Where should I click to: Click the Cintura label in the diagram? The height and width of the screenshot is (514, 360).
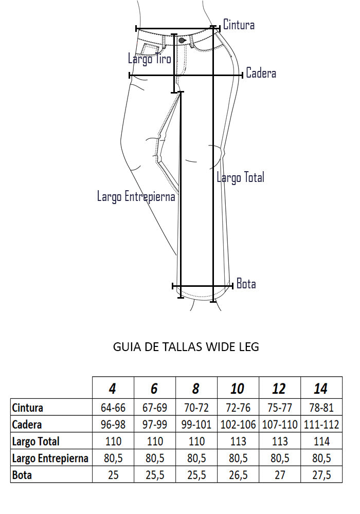tap(239, 25)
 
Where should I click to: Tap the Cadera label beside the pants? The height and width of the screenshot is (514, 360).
tap(261, 73)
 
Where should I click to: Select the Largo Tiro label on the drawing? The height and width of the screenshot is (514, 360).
tap(150, 59)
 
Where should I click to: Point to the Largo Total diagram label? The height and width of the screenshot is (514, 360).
tap(240, 177)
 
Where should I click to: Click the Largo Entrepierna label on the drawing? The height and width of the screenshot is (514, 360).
tap(136, 196)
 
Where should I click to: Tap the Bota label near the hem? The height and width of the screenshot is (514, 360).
tap(246, 284)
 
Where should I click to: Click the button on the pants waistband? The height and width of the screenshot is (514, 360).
tap(182, 40)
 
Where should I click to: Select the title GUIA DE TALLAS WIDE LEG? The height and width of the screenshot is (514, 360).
tap(186, 347)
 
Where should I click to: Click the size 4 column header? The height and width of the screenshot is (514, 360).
tap(112, 389)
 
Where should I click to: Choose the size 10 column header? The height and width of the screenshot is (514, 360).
tap(237, 389)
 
